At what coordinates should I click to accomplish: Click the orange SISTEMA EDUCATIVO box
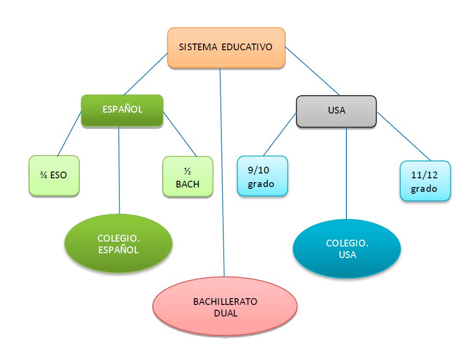tap(226, 47)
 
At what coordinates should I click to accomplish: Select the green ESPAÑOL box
tap(122, 110)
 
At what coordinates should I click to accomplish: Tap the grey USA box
tap(336, 111)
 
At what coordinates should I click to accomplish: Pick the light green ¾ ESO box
tap(54, 175)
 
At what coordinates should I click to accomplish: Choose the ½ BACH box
tap(187, 176)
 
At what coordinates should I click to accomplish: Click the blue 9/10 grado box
tap(262, 176)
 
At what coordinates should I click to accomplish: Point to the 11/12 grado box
tap(425, 181)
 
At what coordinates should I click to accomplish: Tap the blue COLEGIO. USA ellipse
tap(347, 249)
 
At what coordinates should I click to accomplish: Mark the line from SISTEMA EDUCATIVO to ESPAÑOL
tap(145, 74)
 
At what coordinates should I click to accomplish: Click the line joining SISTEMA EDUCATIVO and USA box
tap(312, 71)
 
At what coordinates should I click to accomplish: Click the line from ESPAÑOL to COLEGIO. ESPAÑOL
tap(119, 169)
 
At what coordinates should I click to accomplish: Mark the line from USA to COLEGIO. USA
tap(347, 174)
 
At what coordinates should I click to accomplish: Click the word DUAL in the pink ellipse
tap(226, 313)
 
